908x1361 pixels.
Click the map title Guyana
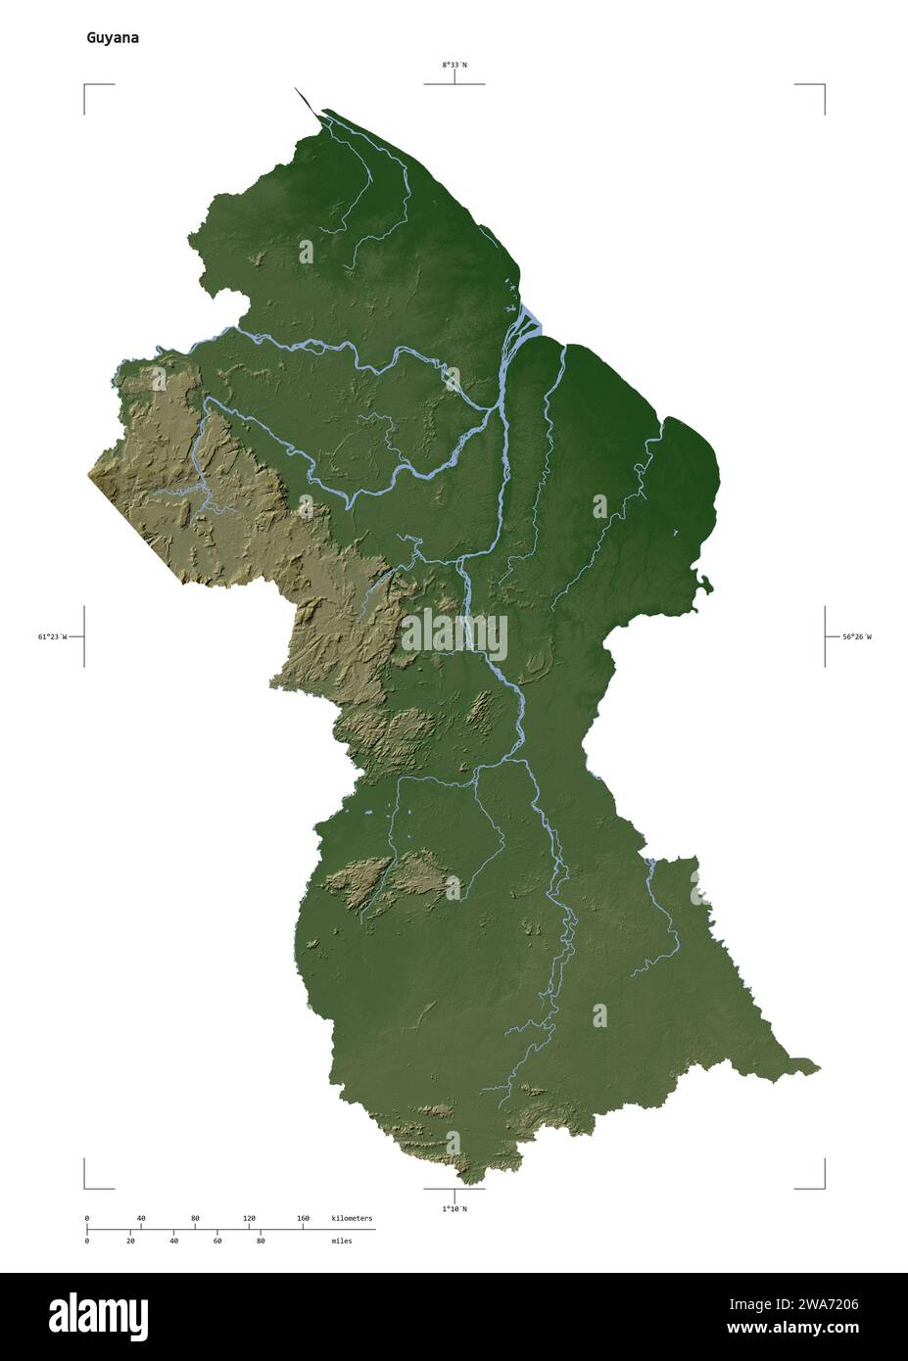click(x=112, y=38)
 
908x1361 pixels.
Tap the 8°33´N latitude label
click(x=454, y=66)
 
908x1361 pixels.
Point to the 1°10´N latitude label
click(x=454, y=1209)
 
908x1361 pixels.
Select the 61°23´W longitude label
click(x=52, y=637)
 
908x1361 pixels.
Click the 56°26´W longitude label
click(x=855, y=637)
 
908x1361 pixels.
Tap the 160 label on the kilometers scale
click(x=303, y=1218)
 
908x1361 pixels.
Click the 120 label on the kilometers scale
click(x=249, y=1218)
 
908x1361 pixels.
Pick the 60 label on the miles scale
click(x=216, y=1241)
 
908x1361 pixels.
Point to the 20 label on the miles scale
click(x=130, y=1241)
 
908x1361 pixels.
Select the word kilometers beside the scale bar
click(x=352, y=1218)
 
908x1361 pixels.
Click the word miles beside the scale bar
click(x=341, y=1241)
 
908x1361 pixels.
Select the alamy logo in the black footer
click(x=98, y=1316)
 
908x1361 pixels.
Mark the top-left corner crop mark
click(x=86, y=87)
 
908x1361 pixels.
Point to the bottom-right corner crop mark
click(x=822, y=1186)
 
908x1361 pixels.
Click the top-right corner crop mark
click(x=822, y=87)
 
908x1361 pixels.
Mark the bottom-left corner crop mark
click(x=86, y=1186)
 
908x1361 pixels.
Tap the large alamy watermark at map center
click(x=454, y=635)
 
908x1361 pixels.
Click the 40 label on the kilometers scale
click(x=141, y=1218)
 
